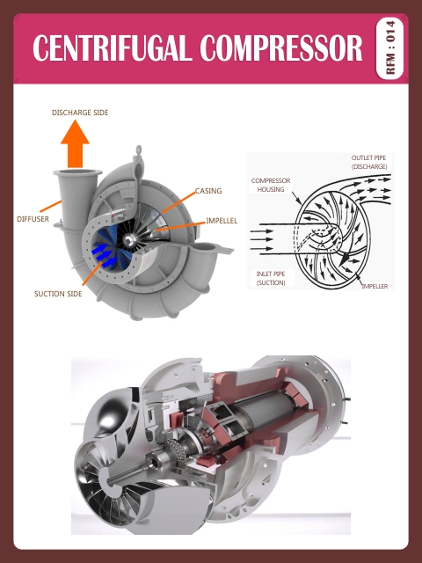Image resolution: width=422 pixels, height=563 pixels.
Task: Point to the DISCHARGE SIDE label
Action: tap(80, 113)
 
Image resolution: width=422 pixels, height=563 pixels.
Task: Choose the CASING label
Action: tap(208, 190)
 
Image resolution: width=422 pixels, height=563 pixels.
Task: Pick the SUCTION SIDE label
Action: tap(58, 294)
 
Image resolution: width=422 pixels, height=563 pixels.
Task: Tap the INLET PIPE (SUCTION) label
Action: tap(271, 278)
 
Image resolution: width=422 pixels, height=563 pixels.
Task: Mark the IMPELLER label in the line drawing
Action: tap(374, 286)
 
